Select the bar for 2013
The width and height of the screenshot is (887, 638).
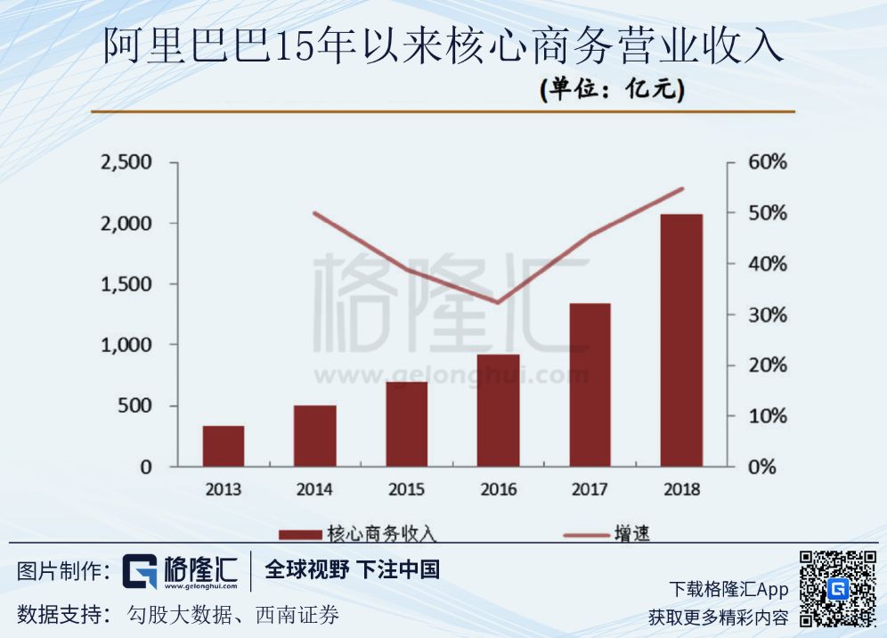click(x=223, y=446)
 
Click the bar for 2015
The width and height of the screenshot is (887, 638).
click(x=406, y=423)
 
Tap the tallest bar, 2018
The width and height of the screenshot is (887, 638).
click(x=681, y=339)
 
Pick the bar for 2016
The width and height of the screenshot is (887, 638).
click(x=498, y=410)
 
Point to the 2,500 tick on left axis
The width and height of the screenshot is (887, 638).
click(x=127, y=163)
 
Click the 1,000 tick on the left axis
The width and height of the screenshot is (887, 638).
click(x=127, y=345)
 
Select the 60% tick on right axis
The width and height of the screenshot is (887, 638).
click(x=768, y=163)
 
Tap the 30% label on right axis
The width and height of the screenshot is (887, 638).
click(x=768, y=315)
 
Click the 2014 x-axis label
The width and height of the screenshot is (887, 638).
click(x=314, y=489)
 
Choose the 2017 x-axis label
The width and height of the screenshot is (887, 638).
click(x=590, y=489)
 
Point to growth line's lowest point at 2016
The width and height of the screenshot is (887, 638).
click(x=498, y=303)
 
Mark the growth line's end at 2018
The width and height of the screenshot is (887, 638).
click(x=682, y=189)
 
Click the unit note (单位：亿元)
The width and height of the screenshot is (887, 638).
click(x=612, y=90)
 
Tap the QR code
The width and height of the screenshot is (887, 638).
click(x=837, y=589)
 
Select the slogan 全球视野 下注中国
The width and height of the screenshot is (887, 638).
click(x=353, y=569)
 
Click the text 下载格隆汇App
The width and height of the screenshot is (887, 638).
click(x=728, y=589)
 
